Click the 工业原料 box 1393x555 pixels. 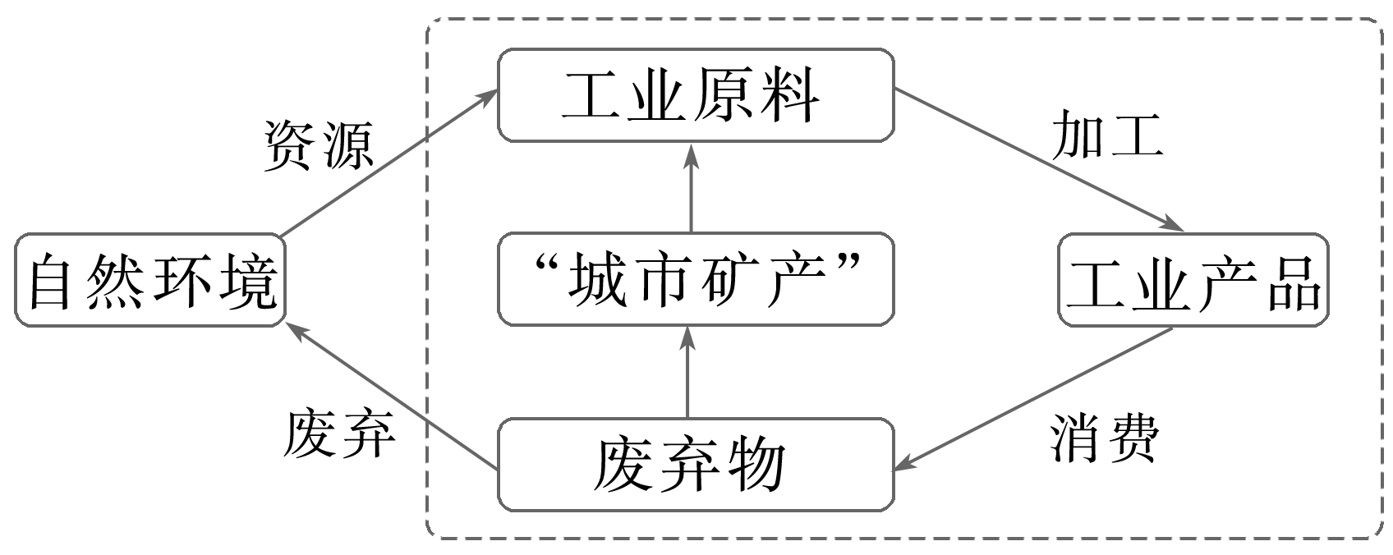[x=695, y=95]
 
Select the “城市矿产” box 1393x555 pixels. [x=695, y=279]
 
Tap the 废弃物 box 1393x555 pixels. [x=695, y=465]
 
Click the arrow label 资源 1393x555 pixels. [x=318, y=146]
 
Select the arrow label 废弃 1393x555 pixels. [x=338, y=433]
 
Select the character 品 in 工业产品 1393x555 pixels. [x=1294, y=281]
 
